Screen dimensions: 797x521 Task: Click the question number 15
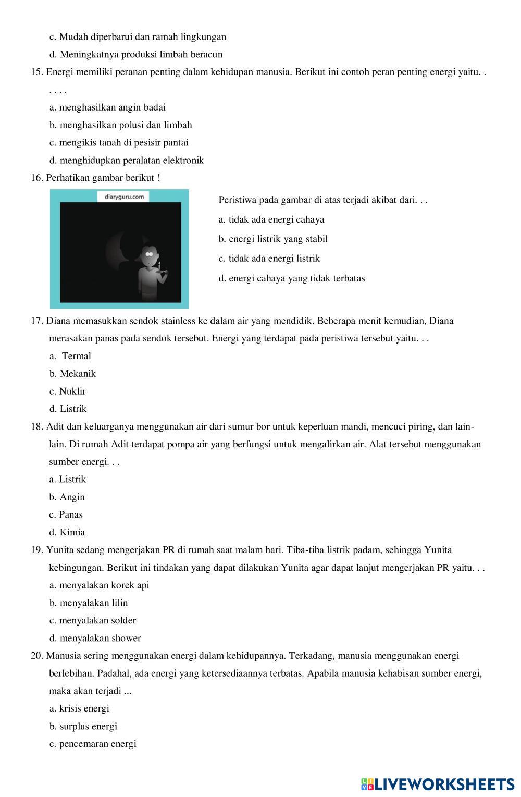click(x=36, y=72)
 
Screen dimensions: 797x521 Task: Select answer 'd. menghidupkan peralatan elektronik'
click(x=127, y=161)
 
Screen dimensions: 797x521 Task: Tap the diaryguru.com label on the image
click(x=124, y=197)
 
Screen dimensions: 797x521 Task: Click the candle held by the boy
click(x=159, y=266)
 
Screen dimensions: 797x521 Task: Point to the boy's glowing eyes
click(x=149, y=254)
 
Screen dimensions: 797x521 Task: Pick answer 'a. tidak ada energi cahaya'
click(x=271, y=219)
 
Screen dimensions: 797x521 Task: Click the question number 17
click(x=36, y=321)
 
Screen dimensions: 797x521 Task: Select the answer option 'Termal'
click(x=76, y=356)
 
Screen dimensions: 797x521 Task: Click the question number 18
click(x=36, y=427)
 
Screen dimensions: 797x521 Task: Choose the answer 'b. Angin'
click(x=67, y=497)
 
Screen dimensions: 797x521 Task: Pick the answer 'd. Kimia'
click(x=67, y=533)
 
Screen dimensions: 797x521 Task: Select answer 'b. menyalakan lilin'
click(x=89, y=603)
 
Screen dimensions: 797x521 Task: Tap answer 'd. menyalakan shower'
click(x=95, y=639)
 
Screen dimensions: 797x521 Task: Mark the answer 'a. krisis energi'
click(x=79, y=709)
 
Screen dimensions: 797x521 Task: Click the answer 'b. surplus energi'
click(x=83, y=727)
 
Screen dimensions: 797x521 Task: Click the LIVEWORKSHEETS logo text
click(x=444, y=783)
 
